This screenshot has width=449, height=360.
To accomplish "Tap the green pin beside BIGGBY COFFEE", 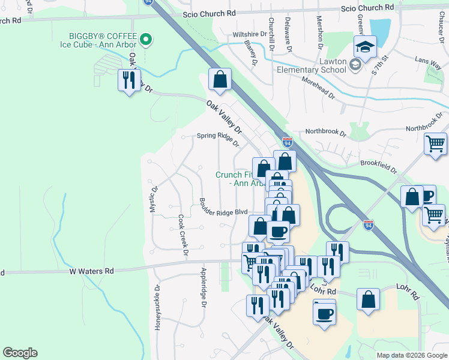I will click(146, 40).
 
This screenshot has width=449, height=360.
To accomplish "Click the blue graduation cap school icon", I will click(364, 46).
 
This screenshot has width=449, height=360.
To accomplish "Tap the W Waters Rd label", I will click(91, 271).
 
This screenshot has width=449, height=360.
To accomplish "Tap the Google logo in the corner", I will click(20, 353).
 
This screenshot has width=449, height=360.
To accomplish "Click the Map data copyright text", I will click(411, 355).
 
